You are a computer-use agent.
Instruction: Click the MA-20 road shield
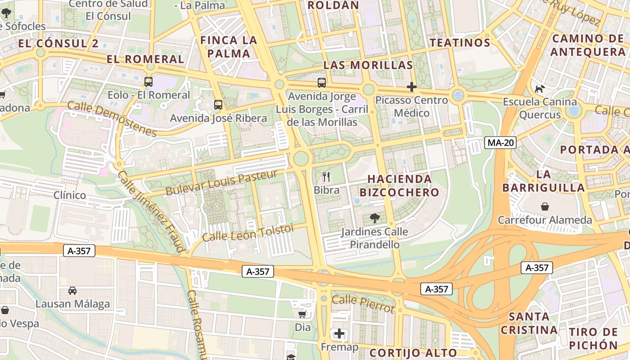(501, 143)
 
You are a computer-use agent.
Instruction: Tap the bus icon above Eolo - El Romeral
(148, 82)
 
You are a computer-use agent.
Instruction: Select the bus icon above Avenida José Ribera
(218, 105)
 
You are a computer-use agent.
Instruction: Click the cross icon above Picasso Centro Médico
(411, 87)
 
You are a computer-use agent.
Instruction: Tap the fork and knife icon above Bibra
(327, 177)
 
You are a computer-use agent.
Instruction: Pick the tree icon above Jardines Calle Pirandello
(374, 219)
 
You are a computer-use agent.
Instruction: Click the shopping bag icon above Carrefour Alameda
(545, 207)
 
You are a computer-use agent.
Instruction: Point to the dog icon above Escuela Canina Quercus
(539, 89)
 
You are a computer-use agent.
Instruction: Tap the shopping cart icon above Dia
(302, 314)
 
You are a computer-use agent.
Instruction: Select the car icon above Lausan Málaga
(72, 291)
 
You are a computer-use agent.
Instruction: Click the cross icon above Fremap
(339, 334)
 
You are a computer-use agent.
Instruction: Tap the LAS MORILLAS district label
(368, 65)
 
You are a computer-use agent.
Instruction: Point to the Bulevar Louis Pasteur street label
(221, 182)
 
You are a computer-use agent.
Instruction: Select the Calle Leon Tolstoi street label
(247, 233)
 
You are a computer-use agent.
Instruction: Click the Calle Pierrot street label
(363, 304)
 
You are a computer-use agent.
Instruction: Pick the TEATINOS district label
(459, 43)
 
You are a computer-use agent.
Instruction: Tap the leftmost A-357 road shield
(79, 251)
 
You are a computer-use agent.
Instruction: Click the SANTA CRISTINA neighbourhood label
(529, 323)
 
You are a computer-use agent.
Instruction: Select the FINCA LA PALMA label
(229, 47)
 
